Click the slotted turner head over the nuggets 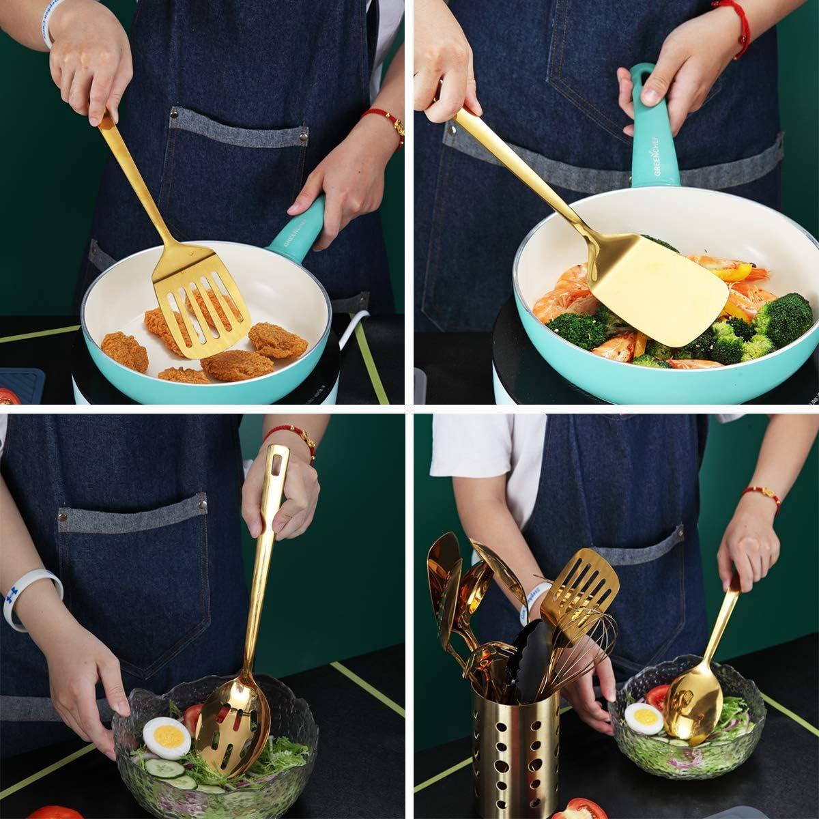[x=202, y=307]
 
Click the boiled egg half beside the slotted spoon [x=167, y=737]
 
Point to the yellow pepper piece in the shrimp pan [x=730, y=273]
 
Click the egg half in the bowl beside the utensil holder [x=643, y=718]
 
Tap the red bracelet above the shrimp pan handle [x=733, y=20]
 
